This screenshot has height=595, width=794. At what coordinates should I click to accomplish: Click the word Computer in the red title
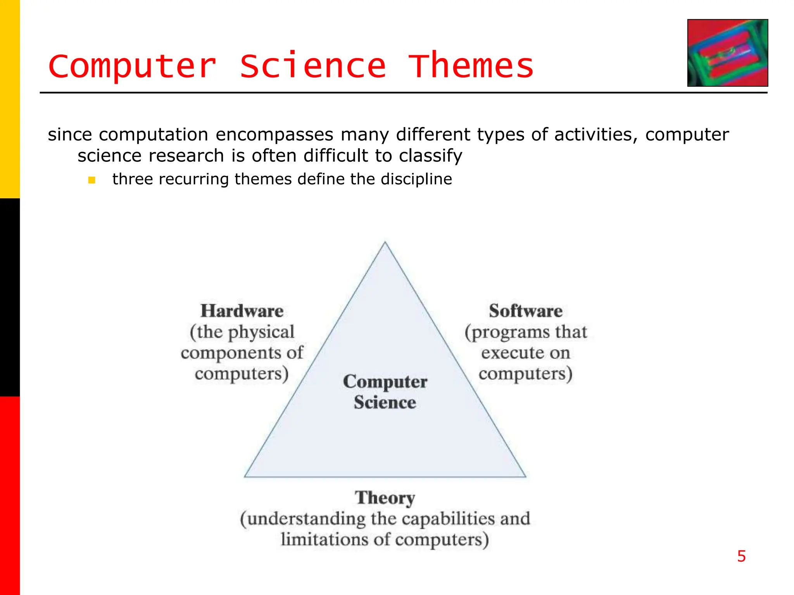(132, 66)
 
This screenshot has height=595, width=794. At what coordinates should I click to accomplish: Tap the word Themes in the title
(471, 66)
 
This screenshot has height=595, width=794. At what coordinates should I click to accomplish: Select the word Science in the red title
(312, 66)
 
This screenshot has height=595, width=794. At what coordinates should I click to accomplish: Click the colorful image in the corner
(727, 53)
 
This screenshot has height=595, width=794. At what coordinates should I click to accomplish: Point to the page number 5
(741, 556)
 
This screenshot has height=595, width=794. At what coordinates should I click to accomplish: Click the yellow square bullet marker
(91, 180)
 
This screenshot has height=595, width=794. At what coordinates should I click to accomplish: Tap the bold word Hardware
(242, 311)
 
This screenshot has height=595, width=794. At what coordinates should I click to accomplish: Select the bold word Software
(525, 311)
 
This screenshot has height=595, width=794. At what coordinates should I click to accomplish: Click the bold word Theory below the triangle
(385, 498)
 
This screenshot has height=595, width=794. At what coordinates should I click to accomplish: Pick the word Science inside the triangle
(385, 402)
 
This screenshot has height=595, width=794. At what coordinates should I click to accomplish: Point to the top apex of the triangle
(385, 243)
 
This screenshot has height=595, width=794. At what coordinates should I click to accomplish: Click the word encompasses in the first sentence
(274, 135)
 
